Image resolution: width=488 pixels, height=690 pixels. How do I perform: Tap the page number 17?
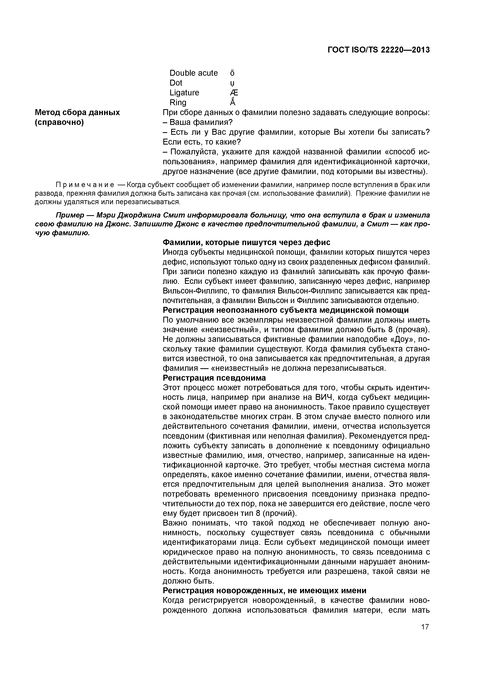click(425, 627)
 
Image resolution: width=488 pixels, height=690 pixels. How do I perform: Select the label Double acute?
click(193, 73)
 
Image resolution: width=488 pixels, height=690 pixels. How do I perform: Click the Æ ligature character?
click(234, 93)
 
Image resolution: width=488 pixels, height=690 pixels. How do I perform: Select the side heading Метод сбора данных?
click(77, 112)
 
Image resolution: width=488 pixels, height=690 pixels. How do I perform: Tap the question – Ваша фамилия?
click(198, 122)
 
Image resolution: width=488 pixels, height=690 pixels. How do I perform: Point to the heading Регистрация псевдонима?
click(214, 378)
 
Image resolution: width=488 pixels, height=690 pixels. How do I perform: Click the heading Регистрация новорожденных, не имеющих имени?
click(264, 590)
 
